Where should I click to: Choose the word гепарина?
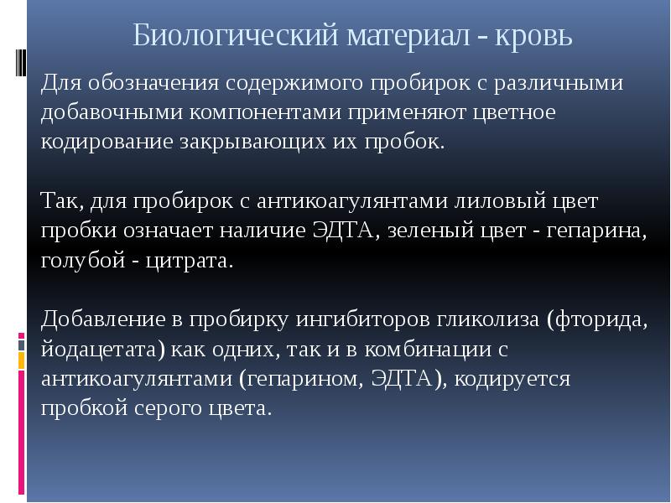pyautogui.click(x=592, y=231)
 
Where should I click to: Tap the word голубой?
pyautogui.click(x=81, y=260)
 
